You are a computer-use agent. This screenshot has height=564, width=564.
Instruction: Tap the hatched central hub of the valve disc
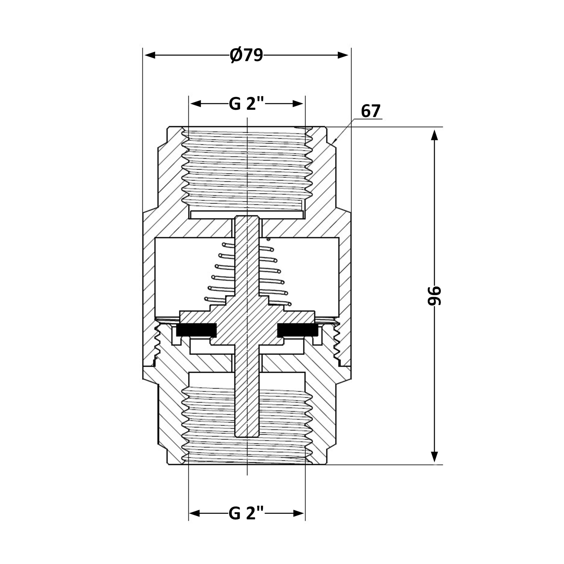(x=247, y=324)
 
